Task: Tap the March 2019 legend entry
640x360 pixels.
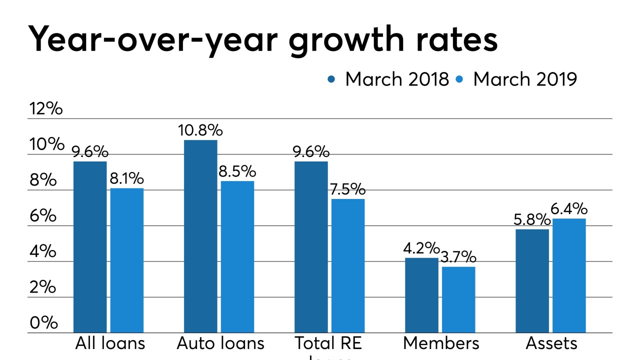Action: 517,79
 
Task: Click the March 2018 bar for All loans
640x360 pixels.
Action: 90,247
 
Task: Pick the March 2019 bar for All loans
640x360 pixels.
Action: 127,260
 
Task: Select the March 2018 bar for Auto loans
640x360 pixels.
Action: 200,236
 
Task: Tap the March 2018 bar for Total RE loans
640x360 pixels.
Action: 311,247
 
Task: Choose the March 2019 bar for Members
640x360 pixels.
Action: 458,299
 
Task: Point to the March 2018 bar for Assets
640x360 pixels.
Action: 532,281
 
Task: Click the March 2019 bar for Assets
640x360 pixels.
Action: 569,275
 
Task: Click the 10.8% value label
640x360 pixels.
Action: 200,130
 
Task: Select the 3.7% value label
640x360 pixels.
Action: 458,257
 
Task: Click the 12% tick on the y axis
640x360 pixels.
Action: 46,109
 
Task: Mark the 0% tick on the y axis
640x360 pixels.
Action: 44,323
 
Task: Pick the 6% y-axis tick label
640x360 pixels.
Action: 44,216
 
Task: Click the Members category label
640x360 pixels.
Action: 440,343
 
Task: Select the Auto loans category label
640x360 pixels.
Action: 220,343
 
